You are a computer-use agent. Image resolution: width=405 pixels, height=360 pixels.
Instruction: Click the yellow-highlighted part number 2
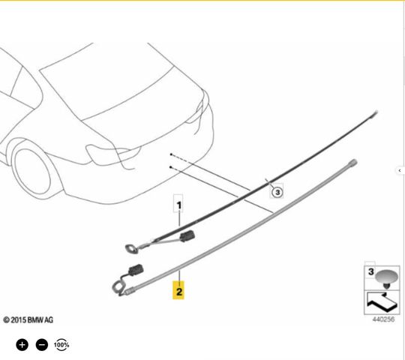coord(178,291)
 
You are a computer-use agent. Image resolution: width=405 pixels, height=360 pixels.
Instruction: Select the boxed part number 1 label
coord(178,205)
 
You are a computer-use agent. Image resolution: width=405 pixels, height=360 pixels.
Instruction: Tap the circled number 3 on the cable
coord(277,192)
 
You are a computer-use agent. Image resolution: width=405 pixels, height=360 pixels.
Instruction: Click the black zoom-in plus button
coord(22,345)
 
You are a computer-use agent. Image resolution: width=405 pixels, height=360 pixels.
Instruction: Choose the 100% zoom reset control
coord(61,345)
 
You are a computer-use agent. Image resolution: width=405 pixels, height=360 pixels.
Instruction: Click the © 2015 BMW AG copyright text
coord(28,320)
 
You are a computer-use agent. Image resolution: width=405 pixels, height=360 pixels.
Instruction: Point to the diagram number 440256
coord(383,319)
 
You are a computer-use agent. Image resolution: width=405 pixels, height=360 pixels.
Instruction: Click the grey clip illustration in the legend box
coord(386,279)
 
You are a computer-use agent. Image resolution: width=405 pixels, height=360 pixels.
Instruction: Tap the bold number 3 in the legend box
coord(371,271)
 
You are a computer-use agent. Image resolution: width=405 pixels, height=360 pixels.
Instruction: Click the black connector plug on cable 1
coord(187,235)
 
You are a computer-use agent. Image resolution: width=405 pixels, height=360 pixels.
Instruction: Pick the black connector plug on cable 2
coord(136,271)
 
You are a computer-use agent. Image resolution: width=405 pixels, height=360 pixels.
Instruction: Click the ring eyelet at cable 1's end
coord(132,249)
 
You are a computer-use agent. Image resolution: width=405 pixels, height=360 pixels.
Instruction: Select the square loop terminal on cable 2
coord(118,287)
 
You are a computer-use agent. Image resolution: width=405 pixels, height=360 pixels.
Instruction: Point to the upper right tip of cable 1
coord(376,112)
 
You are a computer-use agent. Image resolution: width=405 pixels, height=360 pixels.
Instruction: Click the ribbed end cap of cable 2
coord(353,163)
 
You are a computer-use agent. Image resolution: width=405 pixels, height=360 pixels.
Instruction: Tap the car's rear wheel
coord(31,170)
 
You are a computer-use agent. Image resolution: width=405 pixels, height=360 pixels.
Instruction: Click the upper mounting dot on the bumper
coord(171,154)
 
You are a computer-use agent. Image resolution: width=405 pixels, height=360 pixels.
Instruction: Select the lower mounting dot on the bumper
coord(170,167)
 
